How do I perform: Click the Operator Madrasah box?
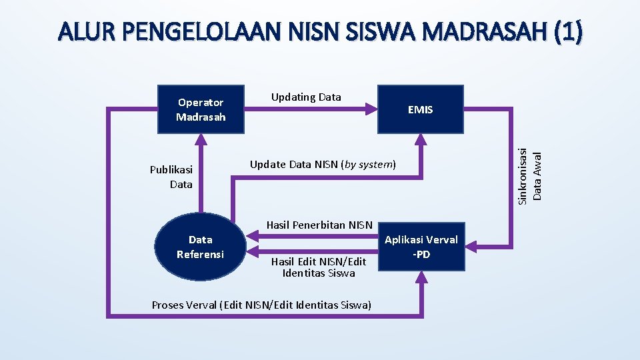coord(201,109)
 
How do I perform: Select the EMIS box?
coord(420,109)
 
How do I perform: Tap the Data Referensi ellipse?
coord(200,247)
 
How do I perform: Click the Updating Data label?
coord(306,97)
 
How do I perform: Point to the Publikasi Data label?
coord(171,177)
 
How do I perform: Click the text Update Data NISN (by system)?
coord(323,165)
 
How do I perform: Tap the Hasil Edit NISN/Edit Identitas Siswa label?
coord(319,267)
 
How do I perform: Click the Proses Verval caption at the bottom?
coord(261,305)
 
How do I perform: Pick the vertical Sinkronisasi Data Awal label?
coord(532,165)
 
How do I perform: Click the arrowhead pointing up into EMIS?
coord(420,139)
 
